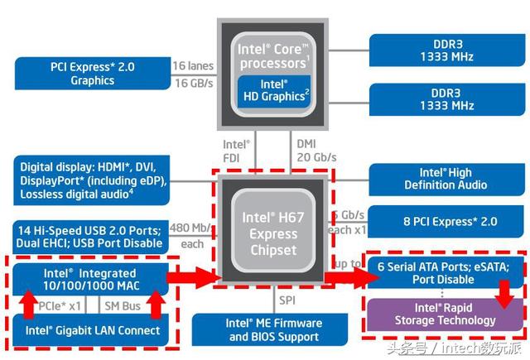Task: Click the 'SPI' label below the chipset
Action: tap(287, 299)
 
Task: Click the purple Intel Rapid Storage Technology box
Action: tap(444, 314)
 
